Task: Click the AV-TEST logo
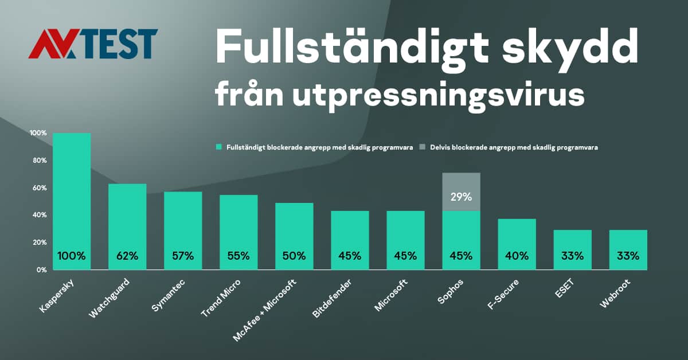coord(93,44)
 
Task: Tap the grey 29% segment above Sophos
coord(461,192)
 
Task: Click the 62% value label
coord(127,256)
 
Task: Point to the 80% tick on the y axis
coord(38,161)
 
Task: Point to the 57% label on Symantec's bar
coord(183,256)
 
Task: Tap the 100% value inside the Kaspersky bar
coord(72,256)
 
